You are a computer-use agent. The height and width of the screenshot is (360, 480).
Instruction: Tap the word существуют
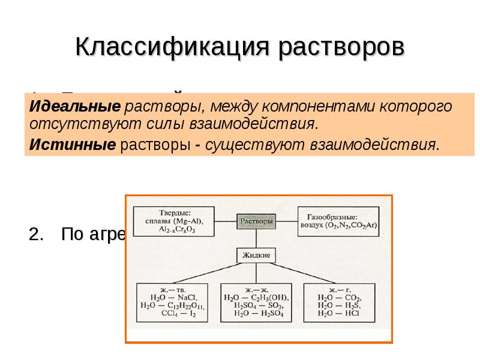pyautogui.click(x=256, y=145)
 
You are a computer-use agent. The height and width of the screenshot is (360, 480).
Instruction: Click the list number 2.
pyautogui.click(x=37, y=235)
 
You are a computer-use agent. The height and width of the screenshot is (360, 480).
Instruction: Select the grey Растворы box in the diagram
pyautogui.click(x=256, y=221)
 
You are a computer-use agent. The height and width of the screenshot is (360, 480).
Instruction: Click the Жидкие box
pyautogui.click(x=256, y=255)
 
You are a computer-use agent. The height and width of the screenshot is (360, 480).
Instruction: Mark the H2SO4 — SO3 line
pyautogui.click(x=256, y=305)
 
